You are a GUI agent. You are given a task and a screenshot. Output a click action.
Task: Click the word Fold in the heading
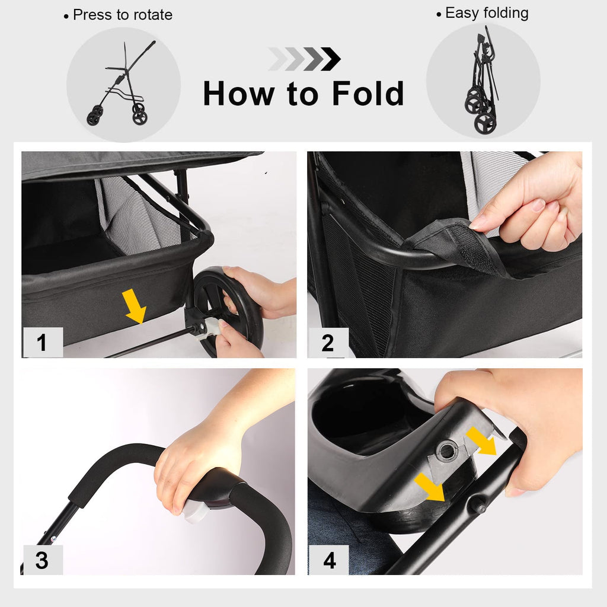click(368, 93)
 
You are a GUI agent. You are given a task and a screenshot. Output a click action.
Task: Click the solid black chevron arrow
click(331, 59)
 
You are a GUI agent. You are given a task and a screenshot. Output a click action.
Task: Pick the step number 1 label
click(42, 342)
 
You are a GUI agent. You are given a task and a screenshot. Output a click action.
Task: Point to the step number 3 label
click(42, 560)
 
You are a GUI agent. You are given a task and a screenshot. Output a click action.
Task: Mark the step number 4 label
click(329, 560)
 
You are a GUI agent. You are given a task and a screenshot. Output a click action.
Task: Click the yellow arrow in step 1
click(135, 306)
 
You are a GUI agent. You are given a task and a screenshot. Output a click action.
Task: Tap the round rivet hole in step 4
click(447, 451)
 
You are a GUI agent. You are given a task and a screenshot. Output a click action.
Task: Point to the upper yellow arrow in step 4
click(481, 440)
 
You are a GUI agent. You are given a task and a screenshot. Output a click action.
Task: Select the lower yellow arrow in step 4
click(430, 487)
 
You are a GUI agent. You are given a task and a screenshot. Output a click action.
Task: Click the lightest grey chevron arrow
click(277, 59)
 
